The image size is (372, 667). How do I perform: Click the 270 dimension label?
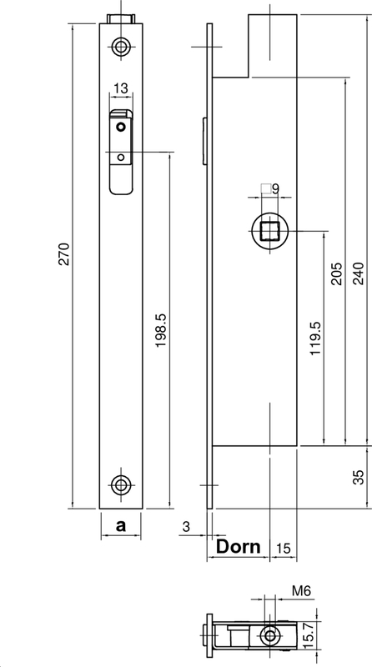[64, 254]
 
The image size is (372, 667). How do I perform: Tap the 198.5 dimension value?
[160, 330]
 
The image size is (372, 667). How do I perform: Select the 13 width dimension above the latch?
[121, 88]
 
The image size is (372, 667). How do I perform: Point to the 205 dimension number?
[337, 273]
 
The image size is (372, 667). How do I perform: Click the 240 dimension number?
[359, 273]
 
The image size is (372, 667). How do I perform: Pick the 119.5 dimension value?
[315, 339]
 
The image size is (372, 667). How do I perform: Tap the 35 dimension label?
[359, 477]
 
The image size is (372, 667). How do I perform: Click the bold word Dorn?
[238, 547]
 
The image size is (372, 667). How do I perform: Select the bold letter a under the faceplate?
[121, 526]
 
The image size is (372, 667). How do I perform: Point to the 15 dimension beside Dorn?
[283, 549]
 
